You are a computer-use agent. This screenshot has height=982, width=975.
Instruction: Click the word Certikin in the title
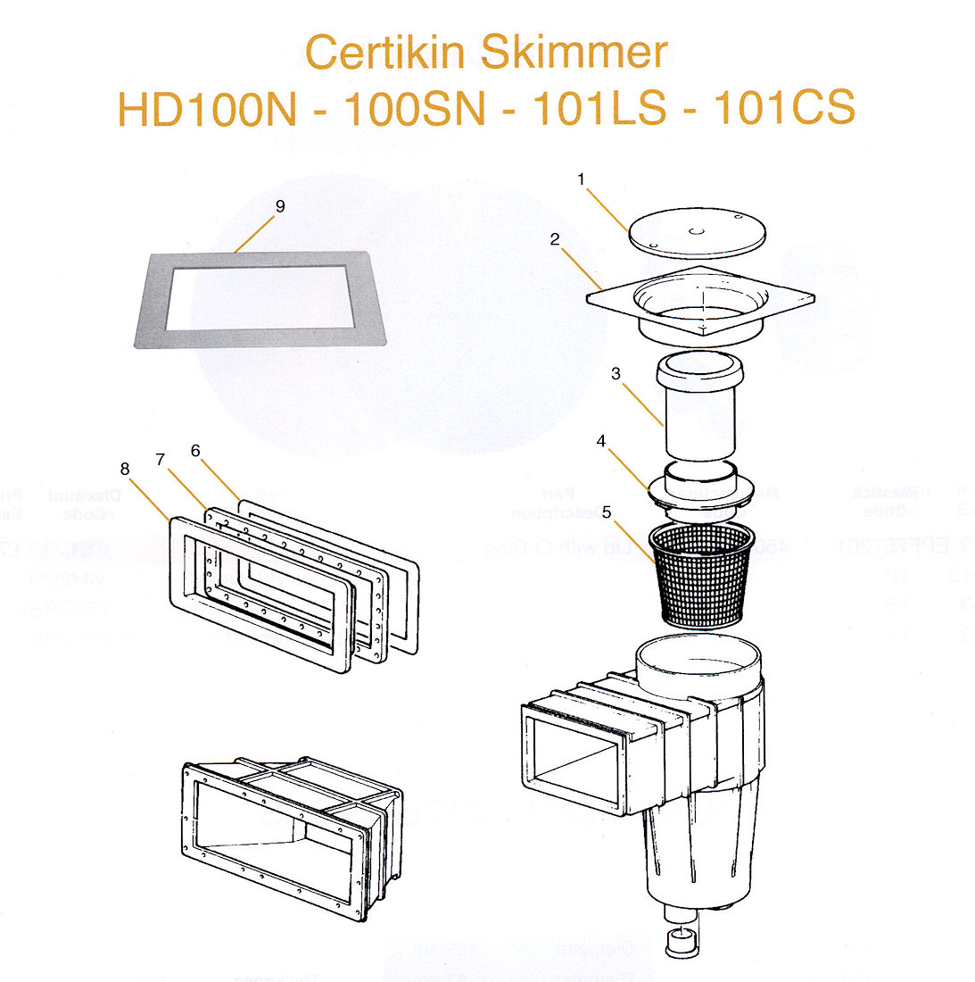point(389,53)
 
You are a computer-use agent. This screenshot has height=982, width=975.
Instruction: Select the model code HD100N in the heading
point(207,109)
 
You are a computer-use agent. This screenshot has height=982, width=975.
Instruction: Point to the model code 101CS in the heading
point(784,109)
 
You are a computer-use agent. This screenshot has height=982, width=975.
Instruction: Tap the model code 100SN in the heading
point(415,109)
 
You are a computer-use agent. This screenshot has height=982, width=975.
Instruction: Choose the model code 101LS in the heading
point(599,109)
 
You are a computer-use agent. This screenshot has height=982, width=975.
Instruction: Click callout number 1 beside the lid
point(581,179)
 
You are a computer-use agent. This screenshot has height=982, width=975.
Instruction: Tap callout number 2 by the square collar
point(555,239)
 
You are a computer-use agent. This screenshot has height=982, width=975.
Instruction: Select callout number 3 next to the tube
point(616,373)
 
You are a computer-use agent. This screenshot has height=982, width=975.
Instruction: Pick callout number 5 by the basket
point(607,512)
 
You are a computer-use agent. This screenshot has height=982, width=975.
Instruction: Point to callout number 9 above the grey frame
point(280,206)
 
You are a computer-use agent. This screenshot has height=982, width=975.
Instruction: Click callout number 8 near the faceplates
point(124,469)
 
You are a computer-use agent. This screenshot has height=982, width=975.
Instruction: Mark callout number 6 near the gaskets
point(195,451)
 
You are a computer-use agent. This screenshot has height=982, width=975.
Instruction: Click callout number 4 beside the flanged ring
point(601,441)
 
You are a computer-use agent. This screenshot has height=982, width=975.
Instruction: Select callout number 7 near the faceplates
point(160,459)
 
